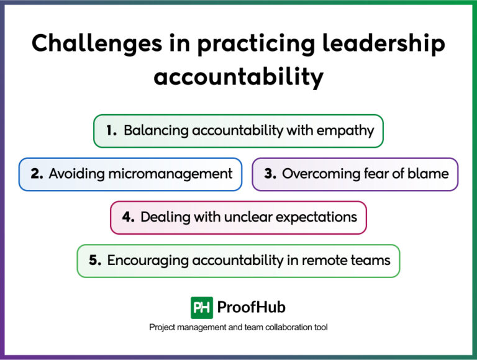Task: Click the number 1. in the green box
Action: click(112, 130)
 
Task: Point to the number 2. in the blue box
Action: click(37, 174)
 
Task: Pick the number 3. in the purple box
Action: click(270, 174)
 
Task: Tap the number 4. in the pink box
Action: click(129, 217)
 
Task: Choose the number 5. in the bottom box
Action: click(95, 260)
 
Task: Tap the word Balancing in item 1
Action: click(156, 130)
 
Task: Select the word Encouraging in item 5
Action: click(147, 260)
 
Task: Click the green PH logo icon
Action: click(202, 307)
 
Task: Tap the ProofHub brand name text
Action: click(252, 307)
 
